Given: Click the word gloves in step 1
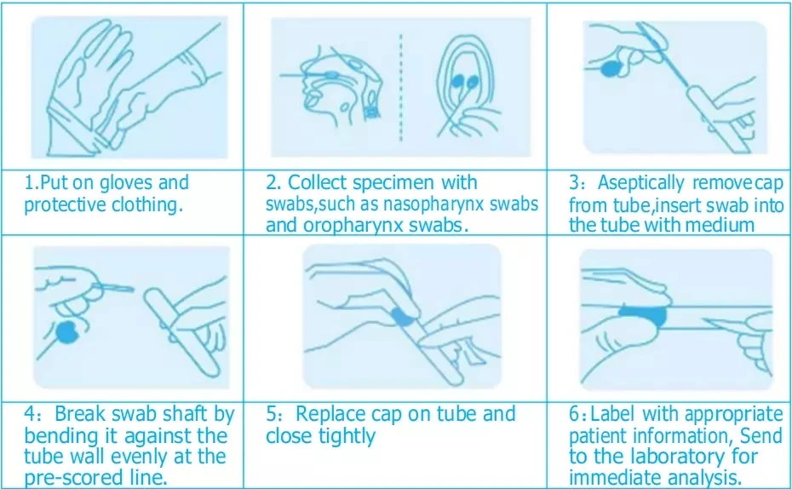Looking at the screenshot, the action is pyautogui.click(x=126, y=183).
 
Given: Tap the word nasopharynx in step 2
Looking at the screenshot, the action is pyautogui.click(x=433, y=204).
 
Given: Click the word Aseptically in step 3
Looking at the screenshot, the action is pyautogui.click(x=641, y=183).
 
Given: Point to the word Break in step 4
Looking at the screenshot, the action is pyautogui.click(x=80, y=414).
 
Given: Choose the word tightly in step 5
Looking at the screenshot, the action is pyautogui.click(x=347, y=436).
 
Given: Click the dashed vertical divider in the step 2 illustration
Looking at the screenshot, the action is pyautogui.click(x=401, y=87).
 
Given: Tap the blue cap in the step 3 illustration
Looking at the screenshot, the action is pyautogui.click(x=612, y=68).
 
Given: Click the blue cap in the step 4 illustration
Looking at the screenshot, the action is pyautogui.click(x=66, y=331).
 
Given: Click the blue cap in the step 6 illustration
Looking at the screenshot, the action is pyautogui.click(x=642, y=314).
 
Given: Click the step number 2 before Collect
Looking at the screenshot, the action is pyautogui.click(x=271, y=183).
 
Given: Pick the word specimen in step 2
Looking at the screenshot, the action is pyautogui.click(x=393, y=183).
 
